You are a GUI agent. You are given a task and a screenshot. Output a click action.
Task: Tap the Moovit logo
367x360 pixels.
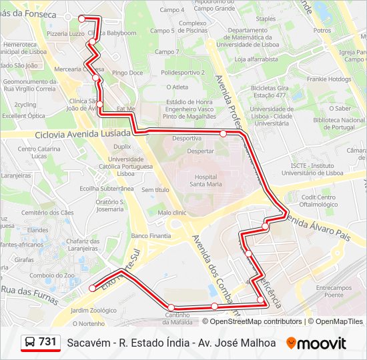coord(316,343)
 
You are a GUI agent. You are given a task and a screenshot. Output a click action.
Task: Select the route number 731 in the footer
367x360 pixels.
coord(47,342)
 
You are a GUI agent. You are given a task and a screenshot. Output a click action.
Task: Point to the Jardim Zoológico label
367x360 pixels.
coord(93,310)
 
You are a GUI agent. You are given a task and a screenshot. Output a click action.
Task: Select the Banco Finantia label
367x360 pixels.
coord(151,235)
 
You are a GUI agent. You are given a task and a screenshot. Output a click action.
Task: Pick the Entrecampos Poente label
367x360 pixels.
coord(329,291)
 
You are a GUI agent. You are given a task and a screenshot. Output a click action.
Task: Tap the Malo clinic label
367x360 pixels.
coord(171,213)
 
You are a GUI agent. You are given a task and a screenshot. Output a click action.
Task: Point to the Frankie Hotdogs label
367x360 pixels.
coord(328,79)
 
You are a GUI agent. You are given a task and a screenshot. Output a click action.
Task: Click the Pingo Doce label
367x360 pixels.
coord(127,73)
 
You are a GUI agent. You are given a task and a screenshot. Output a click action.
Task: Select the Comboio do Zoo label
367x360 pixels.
coord(52,275)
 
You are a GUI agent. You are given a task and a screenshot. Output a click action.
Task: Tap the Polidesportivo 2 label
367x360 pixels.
coord(182,72)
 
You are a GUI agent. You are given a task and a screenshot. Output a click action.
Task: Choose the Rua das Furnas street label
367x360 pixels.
coord(29,290)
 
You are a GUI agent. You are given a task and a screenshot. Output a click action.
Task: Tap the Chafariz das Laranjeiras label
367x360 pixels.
coord(83,244)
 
